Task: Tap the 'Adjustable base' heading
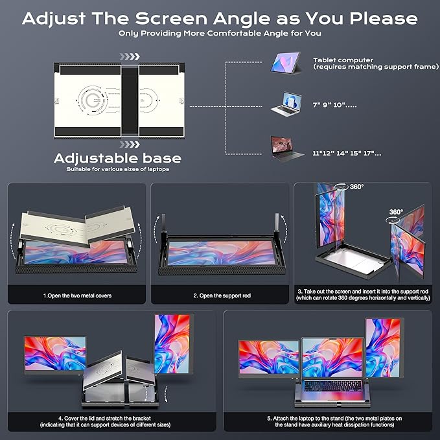point(117,157)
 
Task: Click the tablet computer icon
point(285,62)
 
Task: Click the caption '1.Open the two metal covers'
point(77,295)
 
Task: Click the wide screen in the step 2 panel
point(221,253)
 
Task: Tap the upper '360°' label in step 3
point(356,187)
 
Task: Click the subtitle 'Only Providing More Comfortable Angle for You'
point(220,33)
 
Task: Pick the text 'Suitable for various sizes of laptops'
point(117,169)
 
